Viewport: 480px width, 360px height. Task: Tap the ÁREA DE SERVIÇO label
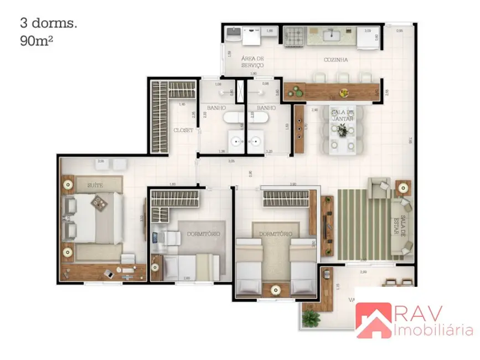[x=252, y=61]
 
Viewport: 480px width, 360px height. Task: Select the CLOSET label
[x=183, y=130]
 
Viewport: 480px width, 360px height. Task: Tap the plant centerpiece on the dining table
[x=343, y=130]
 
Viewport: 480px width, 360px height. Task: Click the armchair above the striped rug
[x=380, y=187]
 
